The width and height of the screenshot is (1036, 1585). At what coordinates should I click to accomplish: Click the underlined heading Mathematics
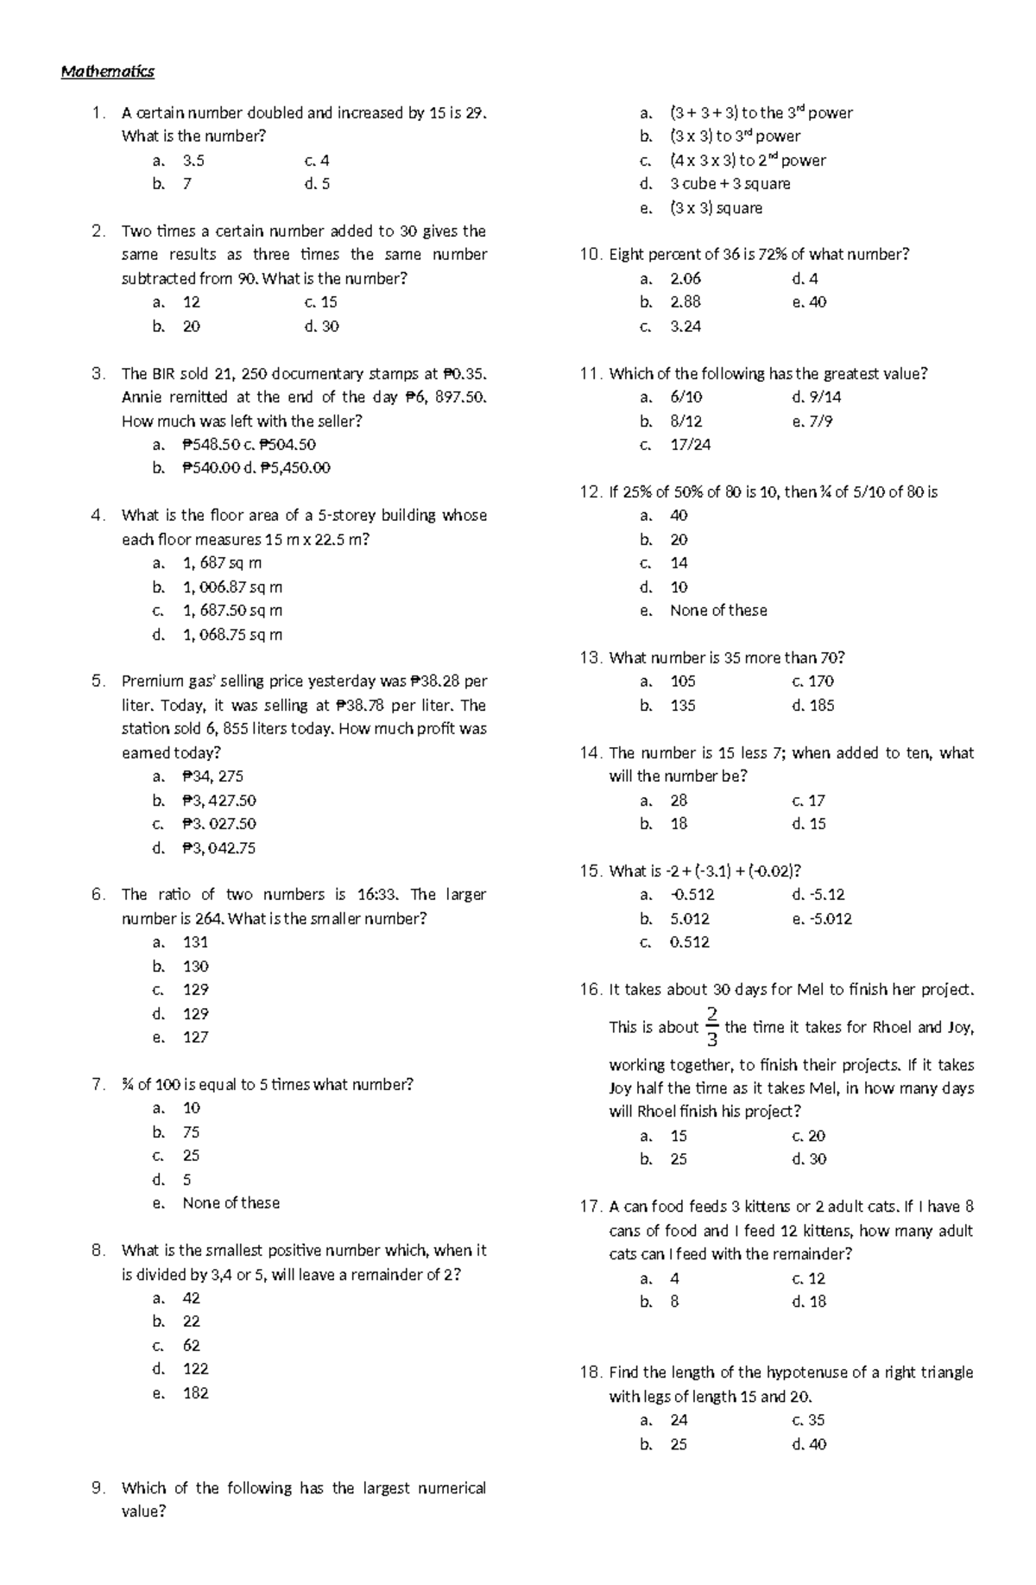point(107,72)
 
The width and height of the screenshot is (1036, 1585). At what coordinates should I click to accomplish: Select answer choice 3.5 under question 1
point(193,161)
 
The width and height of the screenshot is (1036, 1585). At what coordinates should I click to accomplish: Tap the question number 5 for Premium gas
point(97,681)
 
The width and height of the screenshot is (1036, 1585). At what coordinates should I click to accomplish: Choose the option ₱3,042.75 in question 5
point(218,847)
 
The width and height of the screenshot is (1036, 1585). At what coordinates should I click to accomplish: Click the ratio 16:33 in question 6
point(377,894)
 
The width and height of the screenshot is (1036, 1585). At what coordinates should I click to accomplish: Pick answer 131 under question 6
point(195,942)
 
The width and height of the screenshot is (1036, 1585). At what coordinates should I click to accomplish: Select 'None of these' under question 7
point(231,1202)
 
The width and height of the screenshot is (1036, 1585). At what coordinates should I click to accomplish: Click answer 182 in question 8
point(195,1392)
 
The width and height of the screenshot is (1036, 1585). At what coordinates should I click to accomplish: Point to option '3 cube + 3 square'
point(730,184)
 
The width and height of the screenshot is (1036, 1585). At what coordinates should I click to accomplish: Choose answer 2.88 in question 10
point(685,302)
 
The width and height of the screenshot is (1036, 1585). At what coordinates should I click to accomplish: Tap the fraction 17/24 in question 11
point(690,445)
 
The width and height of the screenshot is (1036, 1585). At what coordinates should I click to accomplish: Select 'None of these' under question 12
point(717,611)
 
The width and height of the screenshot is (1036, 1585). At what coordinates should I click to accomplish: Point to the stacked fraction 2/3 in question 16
point(711,1026)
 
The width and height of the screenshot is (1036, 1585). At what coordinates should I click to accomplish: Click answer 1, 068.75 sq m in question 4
point(232,635)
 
